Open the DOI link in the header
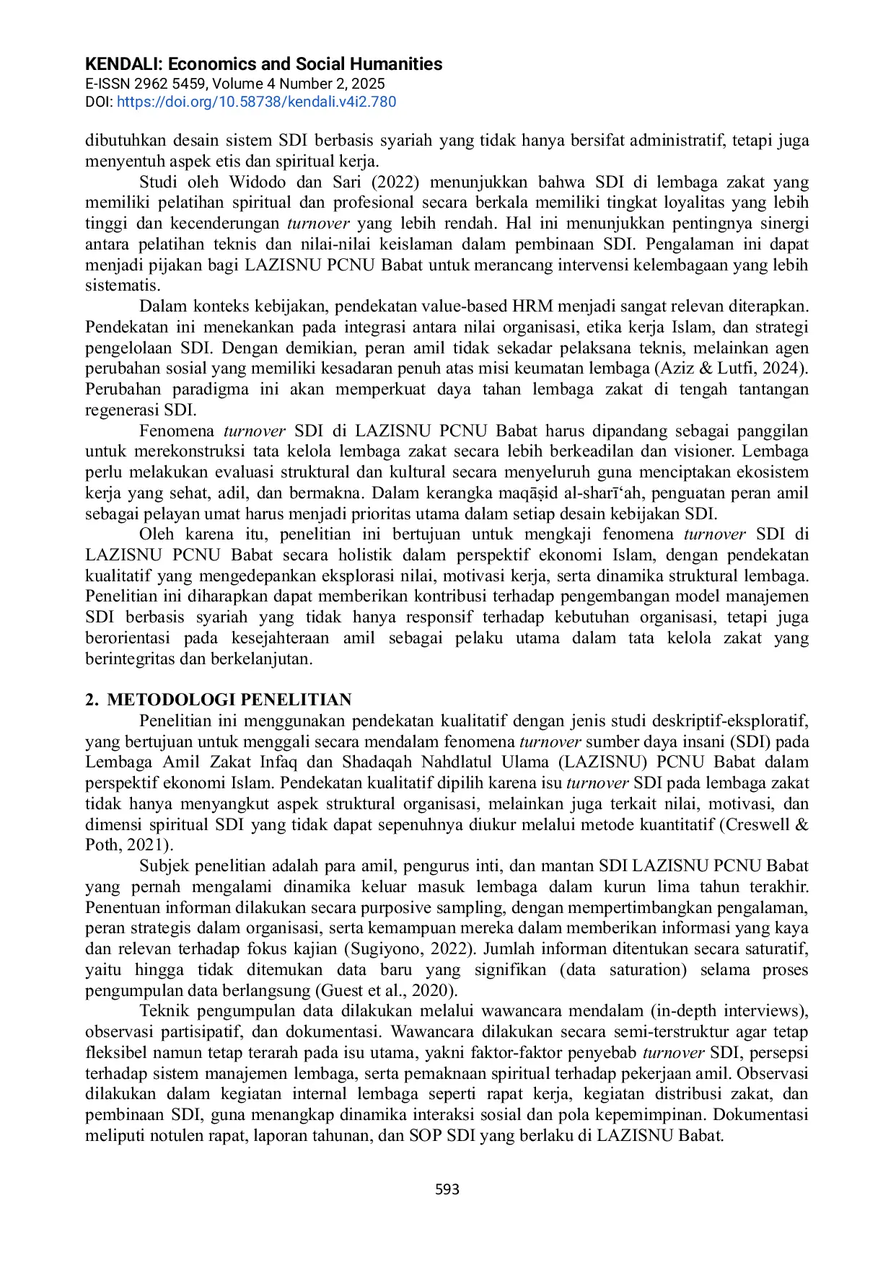(x=256, y=102)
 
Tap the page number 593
(x=447, y=1189)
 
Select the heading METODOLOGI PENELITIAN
(x=229, y=700)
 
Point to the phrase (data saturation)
(x=623, y=970)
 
